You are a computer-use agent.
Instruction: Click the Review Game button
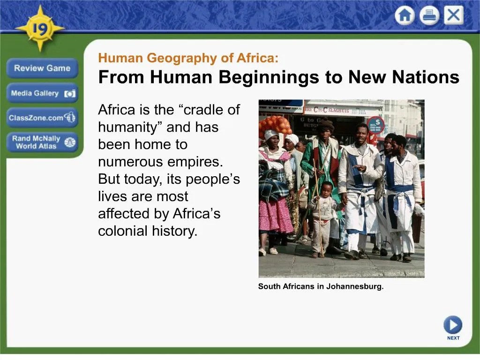[42, 68]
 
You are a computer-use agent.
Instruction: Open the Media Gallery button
[42, 93]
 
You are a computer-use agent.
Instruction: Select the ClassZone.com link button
[42, 118]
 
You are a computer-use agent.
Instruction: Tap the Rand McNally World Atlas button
[42, 142]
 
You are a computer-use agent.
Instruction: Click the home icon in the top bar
[404, 16]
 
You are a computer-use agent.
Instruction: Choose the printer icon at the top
[429, 16]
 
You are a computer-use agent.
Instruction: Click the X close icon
[453, 16]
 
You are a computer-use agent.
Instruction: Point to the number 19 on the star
[40, 29]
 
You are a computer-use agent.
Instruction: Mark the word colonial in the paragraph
[122, 231]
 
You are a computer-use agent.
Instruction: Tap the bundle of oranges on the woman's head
[275, 126]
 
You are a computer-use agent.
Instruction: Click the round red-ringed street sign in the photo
[375, 125]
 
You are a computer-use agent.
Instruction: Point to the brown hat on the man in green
[326, 125]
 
